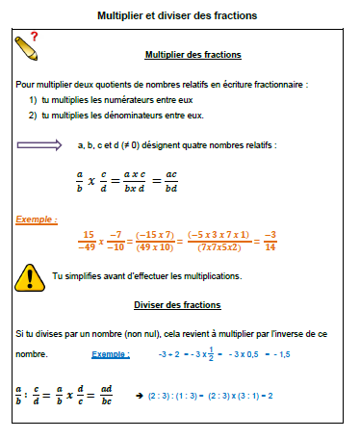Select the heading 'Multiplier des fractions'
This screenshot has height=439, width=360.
[193, 55]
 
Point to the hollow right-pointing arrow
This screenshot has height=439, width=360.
[39, 145]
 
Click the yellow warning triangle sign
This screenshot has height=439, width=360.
[31, 277]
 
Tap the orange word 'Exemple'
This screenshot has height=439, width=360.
[36, 219]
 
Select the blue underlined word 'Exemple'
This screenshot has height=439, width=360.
[112, 354]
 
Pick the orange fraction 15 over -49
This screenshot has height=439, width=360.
[89, 240]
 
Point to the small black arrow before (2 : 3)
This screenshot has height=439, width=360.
[140, 396]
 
